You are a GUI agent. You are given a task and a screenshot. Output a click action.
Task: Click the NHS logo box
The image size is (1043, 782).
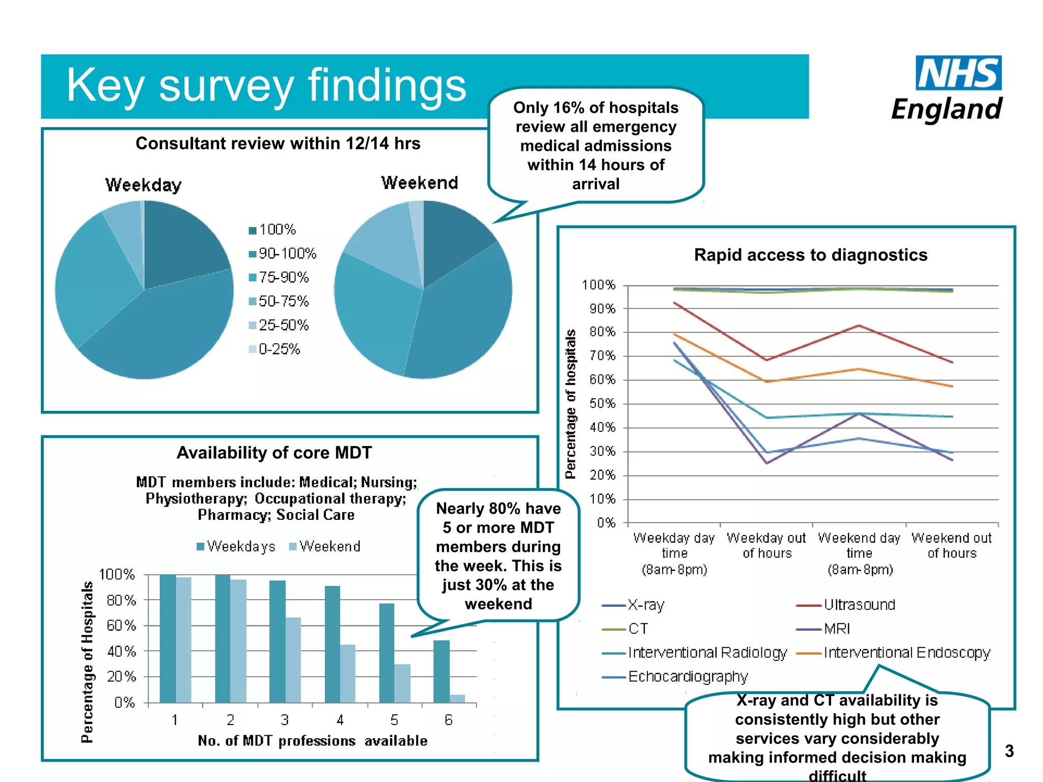point(958,73)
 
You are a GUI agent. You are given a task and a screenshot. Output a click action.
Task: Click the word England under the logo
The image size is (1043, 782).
point(946,109)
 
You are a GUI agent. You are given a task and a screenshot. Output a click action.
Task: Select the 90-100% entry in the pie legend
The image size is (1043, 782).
point(283,253)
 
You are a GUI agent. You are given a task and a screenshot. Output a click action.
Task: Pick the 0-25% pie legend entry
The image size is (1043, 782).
point(275,349)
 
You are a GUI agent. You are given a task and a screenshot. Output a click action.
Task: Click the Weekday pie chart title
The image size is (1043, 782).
point(143,184)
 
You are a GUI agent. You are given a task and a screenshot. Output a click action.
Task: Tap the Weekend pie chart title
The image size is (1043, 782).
point(420,182)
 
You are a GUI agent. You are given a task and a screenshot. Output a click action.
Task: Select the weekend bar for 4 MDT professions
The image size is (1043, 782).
point(348,673)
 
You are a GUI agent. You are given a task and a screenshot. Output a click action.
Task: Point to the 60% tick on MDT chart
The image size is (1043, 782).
point(121,625)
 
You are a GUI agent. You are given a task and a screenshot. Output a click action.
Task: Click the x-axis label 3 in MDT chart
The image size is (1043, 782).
point(285,720)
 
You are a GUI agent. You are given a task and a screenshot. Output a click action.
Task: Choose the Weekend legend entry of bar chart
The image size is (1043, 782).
point(325,546)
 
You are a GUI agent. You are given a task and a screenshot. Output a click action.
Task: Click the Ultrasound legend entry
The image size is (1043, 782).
point(846,605)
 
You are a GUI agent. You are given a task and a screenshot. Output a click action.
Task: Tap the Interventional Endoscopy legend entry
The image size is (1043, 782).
point(894,653)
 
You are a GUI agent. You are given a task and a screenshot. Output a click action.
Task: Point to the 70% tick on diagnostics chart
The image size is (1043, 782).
point(602,356)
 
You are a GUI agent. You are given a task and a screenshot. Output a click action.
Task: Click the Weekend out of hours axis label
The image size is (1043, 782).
point(951,545)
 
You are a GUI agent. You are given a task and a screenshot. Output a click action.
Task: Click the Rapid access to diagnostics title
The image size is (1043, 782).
point(810,255)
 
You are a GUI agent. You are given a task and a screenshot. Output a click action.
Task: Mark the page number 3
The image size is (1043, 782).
point(1009,751)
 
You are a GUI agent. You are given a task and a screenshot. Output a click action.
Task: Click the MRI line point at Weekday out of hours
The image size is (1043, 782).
point(767,463)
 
